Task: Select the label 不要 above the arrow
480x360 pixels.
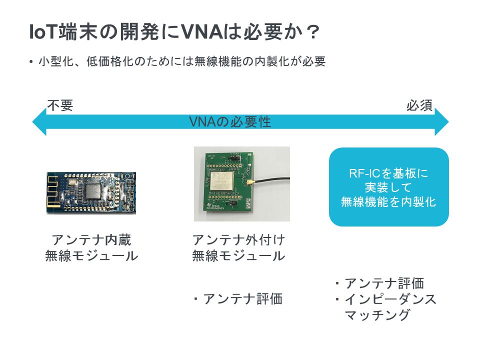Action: [x=60, y=105]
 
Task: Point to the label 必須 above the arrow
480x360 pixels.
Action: [x=419, y=105]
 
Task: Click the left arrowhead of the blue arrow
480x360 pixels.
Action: [x=39, y=122]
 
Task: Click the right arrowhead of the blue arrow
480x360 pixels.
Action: [x=441, y=122]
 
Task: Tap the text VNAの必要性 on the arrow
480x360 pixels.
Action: [x=230, y=122]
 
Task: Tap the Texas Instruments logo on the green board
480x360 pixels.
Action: [x=215, y=206]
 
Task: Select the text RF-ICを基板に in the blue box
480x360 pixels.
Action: [x=388, y=173]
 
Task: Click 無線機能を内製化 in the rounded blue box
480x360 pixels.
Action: [x=388, y=201]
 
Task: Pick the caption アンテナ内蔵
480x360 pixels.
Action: [x=91, y=239]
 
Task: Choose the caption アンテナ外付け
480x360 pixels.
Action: [x=239, y=239]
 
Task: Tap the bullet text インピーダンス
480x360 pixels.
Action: [x=390, y=299]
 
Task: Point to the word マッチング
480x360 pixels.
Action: [x=377, y=314]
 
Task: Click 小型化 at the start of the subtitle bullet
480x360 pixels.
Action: [x=56, y=61]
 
